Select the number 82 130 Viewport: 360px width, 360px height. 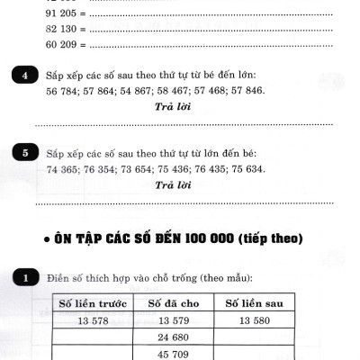[60, 28]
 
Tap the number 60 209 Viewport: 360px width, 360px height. [60, 43]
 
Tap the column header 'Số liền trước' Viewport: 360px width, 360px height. [94, 303]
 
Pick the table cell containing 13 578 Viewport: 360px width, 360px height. [94, 320]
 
